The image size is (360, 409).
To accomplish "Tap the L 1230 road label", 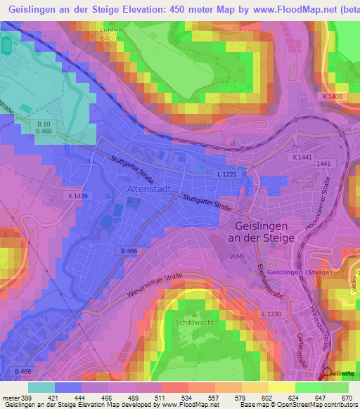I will [271, 313].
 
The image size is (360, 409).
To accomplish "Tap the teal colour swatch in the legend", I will [41, 387].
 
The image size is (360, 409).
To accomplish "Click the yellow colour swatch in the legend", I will [282, 387].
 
